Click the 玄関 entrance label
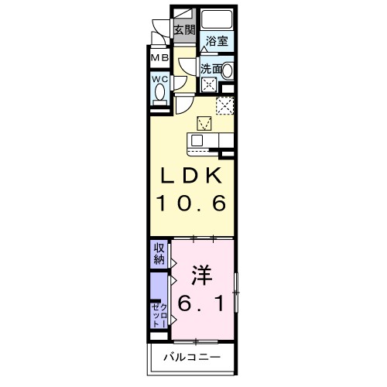click(x=183, y=31)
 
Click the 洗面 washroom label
click(x=211, y=69)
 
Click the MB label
click(x=159, y=58)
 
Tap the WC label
click(x=159, y=78)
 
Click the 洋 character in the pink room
click(x=201, y=274)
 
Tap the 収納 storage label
click(x=158, y=253)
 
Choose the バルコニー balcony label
click(x=193, y=358)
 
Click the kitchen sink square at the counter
click(x=197, y=140)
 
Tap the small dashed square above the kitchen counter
click(x=206, y=122)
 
